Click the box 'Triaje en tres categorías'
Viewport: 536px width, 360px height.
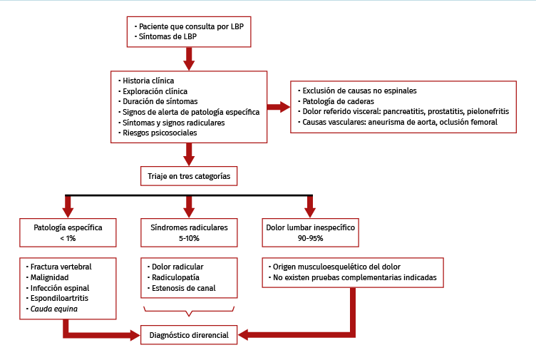click(x=189, y=175)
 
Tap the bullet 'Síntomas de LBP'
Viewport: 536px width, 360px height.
click(x=168, y=36)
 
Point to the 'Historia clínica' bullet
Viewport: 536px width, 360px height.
click(x=148, y=81)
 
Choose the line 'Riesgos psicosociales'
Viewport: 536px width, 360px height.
click(x=160, y=133)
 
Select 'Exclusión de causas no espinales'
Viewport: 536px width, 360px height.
click(x=359, y=91)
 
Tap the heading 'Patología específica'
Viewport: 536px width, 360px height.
click(x=68, y=227)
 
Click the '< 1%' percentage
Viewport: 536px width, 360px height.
click(x=68, y=238)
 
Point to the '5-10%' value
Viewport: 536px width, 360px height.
click(x=189, y=238)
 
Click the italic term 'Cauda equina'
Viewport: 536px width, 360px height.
click(x=53, y=309)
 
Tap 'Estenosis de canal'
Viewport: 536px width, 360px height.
click(x=183, y=289)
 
